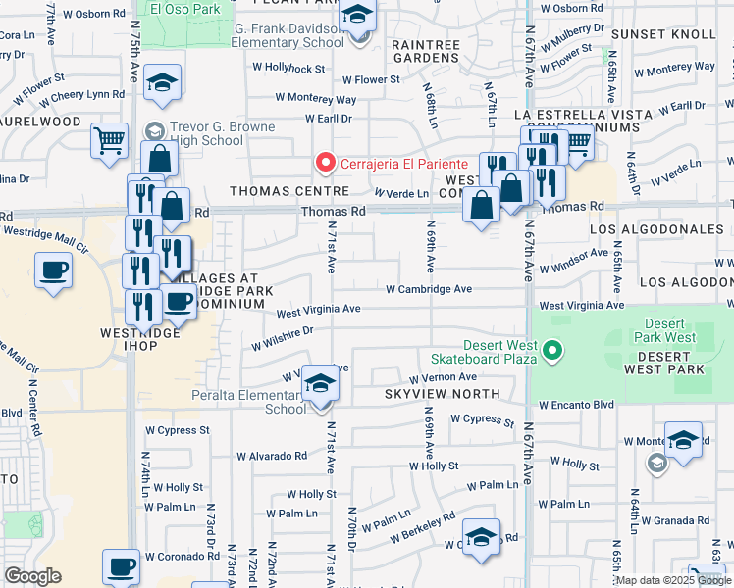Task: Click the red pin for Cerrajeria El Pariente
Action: pos(322,162)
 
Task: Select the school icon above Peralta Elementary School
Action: pos(319,384)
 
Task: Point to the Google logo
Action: pos(32,576)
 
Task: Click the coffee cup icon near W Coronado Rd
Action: pos(123,566)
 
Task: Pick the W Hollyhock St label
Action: pos(288,69)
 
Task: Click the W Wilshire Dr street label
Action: pos(282,337)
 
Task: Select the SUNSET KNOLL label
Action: pos(671,34)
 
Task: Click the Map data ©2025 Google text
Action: pos(672,580)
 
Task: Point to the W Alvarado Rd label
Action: pos(271,456)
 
